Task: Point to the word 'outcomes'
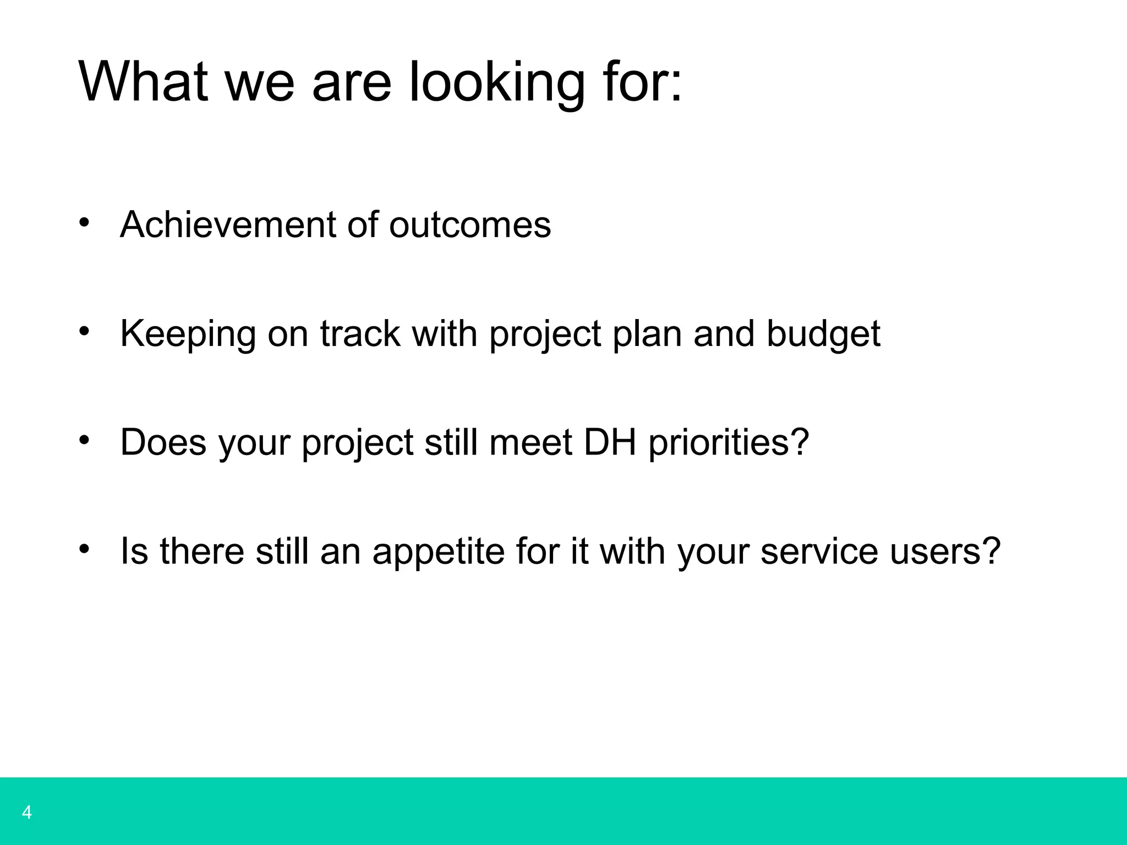(470, 226)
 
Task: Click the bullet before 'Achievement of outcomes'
(84, 223)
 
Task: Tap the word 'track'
(360, 333)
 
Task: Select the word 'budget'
(823, 334)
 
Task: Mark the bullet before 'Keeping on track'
(84, 331)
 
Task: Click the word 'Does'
(163, 442)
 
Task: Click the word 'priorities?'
(729, 442)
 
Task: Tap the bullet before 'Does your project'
(84, 440)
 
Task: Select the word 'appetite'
(438, 551)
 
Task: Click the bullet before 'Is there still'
(84, 548)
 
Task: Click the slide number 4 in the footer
(26, 812)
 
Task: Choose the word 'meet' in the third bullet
(530, 442)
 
